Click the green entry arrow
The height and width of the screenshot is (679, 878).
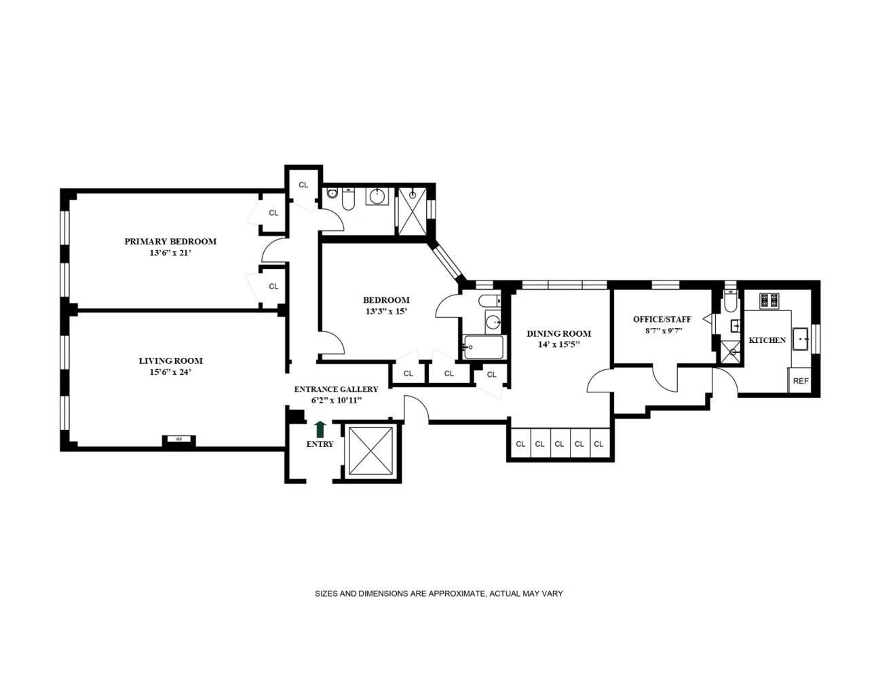click(320, 429)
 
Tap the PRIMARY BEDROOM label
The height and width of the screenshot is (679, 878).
click(170, 242)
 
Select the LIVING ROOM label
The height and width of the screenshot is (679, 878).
click(170, 361)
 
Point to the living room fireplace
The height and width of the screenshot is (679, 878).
click(178, 440)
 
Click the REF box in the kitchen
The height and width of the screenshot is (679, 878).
click(801, 380)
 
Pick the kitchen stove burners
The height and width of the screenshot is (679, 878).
click(769, 301)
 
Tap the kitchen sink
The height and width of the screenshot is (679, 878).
click(800, 339)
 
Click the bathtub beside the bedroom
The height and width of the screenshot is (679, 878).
click(483, 347)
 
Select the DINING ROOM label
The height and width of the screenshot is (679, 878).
click(558, 334)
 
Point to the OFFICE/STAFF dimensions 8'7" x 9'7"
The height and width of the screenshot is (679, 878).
click(664, 331)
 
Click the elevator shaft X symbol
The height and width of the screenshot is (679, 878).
click(370, 451)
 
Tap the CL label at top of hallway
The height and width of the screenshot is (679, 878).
click(303, 185)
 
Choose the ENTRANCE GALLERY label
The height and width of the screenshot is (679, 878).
click(336, 389)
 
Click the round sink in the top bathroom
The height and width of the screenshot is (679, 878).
click(377, 198)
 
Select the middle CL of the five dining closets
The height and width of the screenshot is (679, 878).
click(559, 444)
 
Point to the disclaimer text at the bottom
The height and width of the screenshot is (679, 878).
click(439, 593)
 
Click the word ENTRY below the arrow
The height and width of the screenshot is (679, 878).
click(320, 444)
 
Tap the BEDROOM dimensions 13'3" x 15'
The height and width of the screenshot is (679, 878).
click(386, 312)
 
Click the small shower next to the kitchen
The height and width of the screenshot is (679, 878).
click(731, 353)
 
